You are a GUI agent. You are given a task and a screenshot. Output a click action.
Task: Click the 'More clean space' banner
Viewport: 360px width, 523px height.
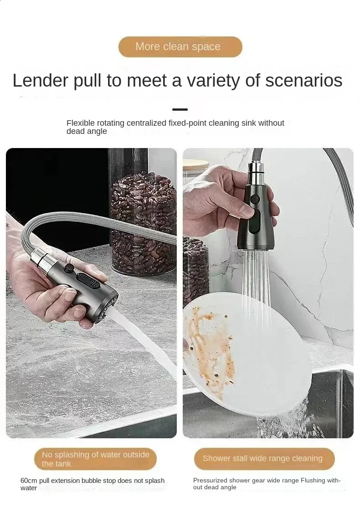pos(180,46)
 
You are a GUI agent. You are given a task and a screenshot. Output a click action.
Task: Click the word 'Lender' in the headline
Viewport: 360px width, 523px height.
pos(41,80)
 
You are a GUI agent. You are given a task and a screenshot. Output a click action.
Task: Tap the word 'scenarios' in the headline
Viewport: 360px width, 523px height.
pos(303,80)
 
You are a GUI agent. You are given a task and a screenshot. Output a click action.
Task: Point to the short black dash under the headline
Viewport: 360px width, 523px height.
pos(180,109)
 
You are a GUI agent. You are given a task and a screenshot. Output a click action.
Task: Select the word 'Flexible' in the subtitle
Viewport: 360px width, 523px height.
pos(81,123)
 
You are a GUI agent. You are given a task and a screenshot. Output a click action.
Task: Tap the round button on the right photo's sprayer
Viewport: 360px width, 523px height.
pos(255,200)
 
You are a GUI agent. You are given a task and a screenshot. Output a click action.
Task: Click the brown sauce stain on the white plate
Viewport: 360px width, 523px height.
pos(207,347)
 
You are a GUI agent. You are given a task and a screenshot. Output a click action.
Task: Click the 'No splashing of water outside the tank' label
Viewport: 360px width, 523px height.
pos(95,459)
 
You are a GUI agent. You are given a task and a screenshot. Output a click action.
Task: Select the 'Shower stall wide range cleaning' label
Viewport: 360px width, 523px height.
pos(264,459)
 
